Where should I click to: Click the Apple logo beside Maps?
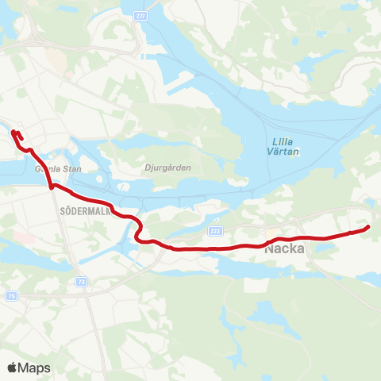click(x=12, y=368)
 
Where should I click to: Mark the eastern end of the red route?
click(x=368, y=229)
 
